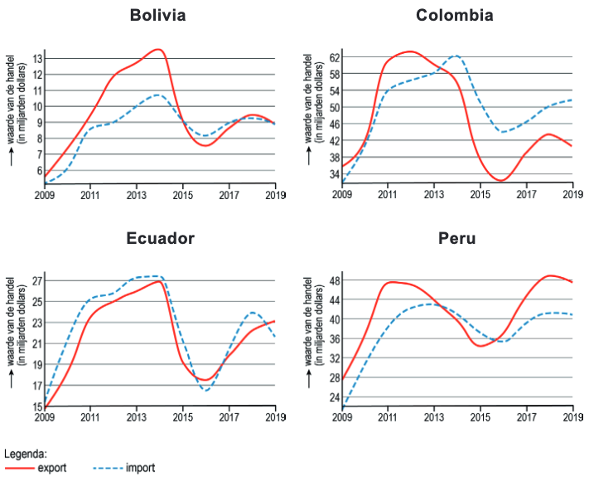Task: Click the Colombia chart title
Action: pyautogui.click(x=455, y=16)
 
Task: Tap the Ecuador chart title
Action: pyautogui.click(x=161, y=239)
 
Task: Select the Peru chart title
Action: pyautogui.click(x=457, y=239)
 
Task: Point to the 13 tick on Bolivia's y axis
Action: pyautogui.click(x=37, y=59)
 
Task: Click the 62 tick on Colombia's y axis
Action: pyautogui.click(x=334, y=58)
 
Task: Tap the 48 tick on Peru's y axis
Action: pyautogui.click(x=334, y=281)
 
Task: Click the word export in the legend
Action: pyautogui.click(x=52, y=468)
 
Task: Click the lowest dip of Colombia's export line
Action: pyautogui.click(x=500, y=180)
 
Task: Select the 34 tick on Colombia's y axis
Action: pyautogui.click(x=334, y=174)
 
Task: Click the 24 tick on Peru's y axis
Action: pyautogui.click(x=334, y=397)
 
